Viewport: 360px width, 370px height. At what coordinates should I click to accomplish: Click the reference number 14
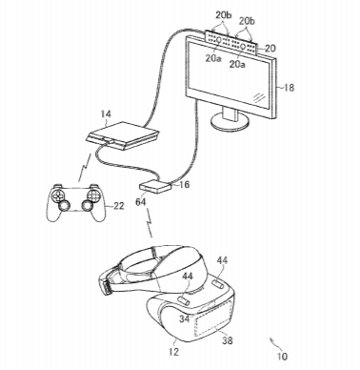(x=106, y=114)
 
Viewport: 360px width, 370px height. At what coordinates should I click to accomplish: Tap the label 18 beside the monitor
(x=289, y=88)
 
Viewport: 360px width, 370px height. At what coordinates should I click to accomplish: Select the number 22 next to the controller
(x=118, y=206)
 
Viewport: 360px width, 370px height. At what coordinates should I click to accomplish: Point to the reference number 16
(x=185, y=184)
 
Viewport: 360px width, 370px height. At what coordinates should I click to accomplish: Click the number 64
(x=140, y=201)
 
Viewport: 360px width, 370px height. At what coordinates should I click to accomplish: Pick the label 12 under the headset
(x=173, y=351)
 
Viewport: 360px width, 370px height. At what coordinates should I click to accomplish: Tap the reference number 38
(x=228, y=340)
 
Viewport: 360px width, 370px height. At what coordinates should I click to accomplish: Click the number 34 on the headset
(x=185, y=319)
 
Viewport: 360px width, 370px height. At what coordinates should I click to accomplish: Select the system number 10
(x=282, y=357)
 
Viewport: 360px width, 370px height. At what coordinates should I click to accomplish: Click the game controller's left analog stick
(x=64, y=206)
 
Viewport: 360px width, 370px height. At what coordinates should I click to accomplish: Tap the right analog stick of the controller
(x=87, y=206)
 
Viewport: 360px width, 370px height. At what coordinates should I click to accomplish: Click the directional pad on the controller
(x=58, y=195)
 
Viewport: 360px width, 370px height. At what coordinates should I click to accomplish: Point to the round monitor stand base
(x=230, y=122)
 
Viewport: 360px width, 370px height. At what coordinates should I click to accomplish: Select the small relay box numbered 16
(x=156, y=186)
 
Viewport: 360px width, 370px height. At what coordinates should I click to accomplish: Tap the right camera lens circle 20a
(x=243, y=46)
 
